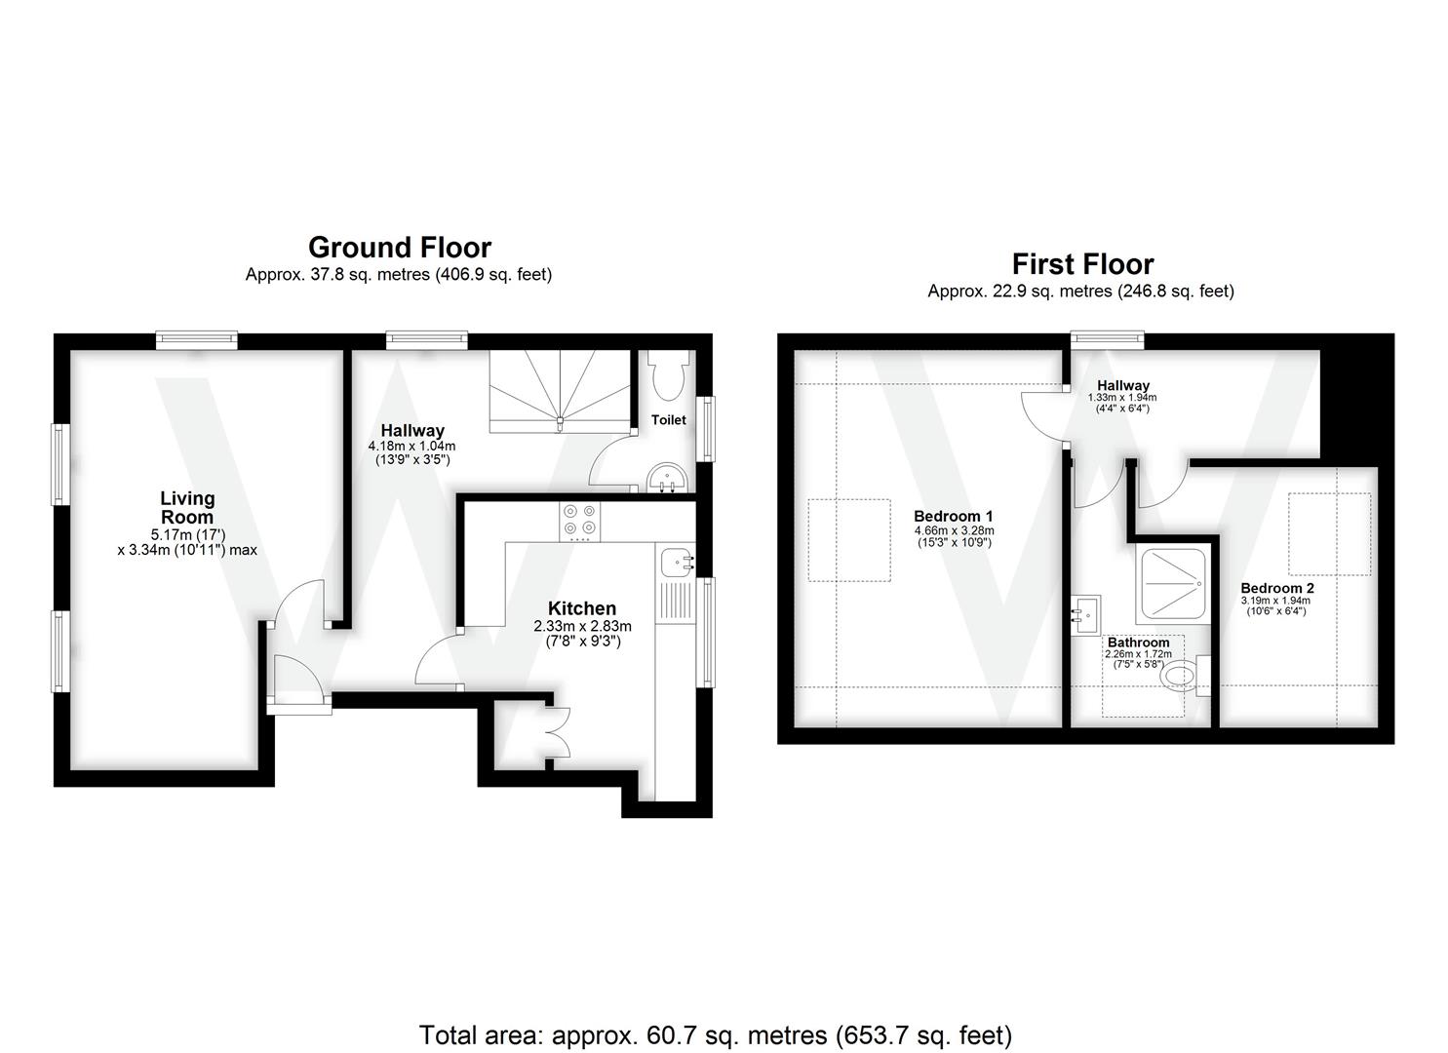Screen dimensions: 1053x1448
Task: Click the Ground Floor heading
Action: point(399,247)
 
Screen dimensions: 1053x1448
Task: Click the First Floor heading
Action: point(1082,264)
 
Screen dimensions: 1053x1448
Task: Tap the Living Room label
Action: point(187,508)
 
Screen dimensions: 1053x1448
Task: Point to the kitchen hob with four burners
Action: point(579,521)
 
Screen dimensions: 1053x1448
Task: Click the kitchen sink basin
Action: point(675,562)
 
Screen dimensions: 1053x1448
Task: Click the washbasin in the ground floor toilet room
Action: point(668,479)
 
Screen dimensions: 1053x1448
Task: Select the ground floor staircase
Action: point(560,390)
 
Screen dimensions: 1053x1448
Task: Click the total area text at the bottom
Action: point(715,1034)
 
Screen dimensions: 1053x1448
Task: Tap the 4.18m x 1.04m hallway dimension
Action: point(411,446)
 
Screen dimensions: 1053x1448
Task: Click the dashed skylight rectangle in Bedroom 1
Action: point(848,540)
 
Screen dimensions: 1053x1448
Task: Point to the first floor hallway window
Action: point(1106,339)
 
